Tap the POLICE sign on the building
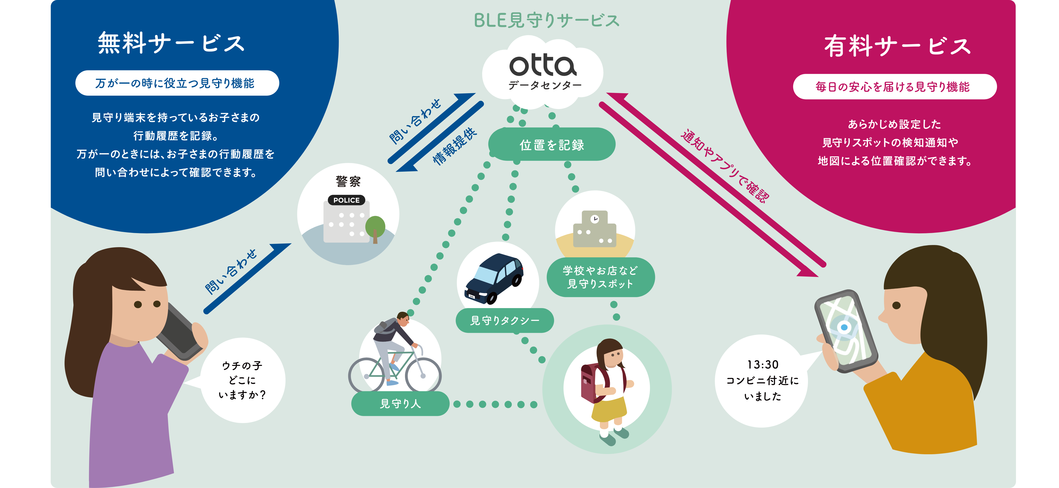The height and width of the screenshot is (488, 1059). [346, 200]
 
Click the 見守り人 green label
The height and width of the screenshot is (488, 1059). [400, 404]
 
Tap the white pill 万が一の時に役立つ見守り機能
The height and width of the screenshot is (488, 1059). [177, 83]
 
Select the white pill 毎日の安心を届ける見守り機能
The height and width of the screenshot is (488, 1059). [895, 87]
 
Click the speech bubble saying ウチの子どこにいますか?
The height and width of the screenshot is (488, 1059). [243, 380]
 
